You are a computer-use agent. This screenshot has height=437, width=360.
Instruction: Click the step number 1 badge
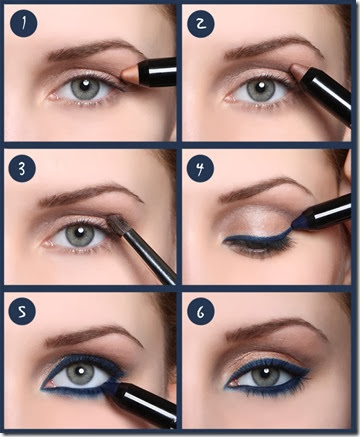point(23,23)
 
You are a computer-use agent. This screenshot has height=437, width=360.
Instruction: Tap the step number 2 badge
point(200,24)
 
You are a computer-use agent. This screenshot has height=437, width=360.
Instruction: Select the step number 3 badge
point(22,169)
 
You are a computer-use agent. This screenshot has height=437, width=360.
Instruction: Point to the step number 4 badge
point(200,168)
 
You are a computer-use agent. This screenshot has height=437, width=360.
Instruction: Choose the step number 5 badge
point(22,312)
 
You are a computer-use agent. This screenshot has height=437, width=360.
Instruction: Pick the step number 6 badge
point(200,312)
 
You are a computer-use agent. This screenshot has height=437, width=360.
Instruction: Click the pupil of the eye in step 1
point(85,86)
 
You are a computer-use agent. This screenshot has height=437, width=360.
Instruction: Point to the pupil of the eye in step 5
point(81,373)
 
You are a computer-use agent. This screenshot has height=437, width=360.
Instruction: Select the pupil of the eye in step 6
point(265,374)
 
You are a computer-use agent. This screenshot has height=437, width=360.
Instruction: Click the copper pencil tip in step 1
point(129,75)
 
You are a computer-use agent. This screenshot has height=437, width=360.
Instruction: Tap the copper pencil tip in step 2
point(298,72)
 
